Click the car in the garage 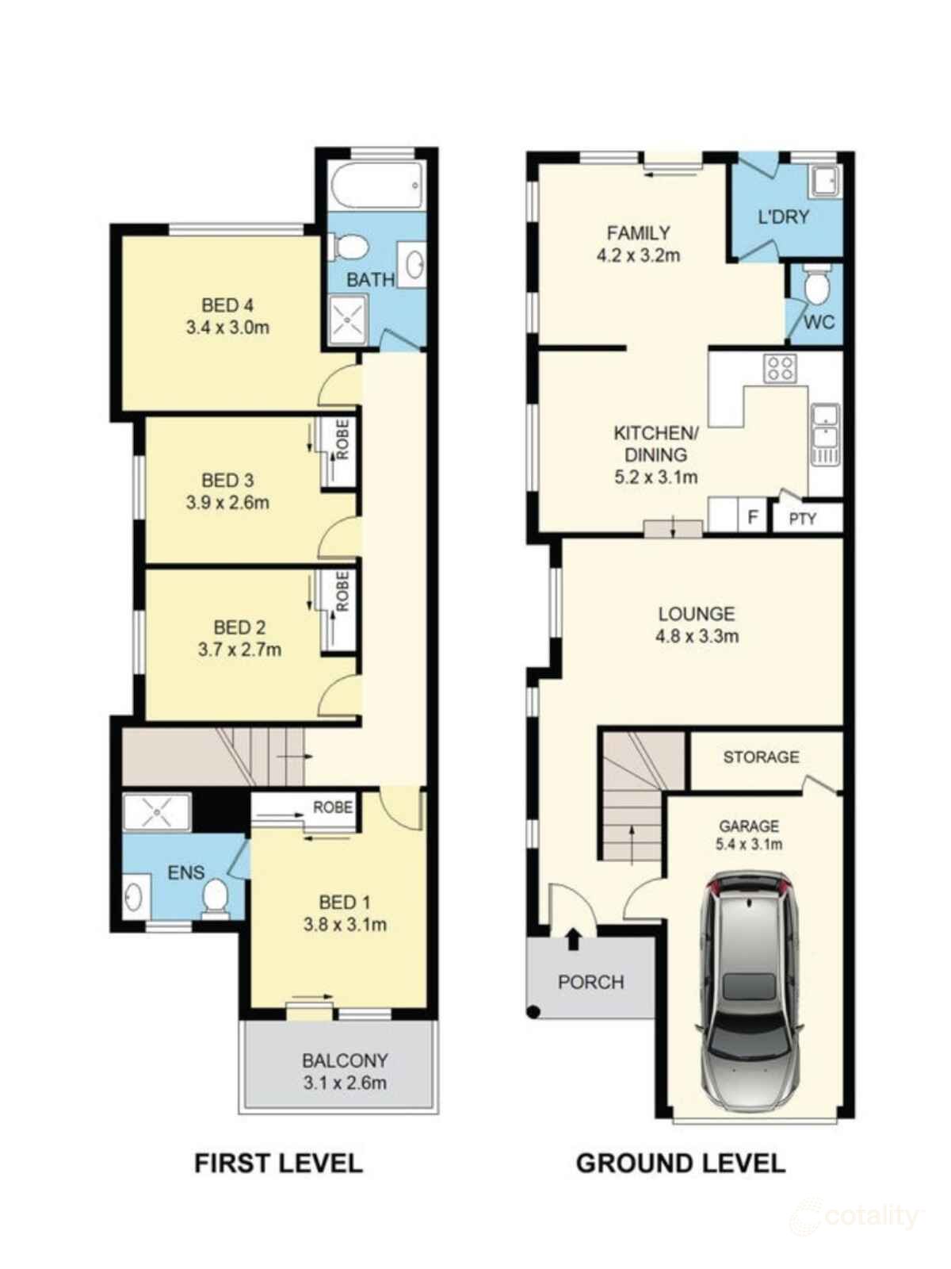749,991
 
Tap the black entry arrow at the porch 573,940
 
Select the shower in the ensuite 157,814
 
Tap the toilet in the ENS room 215,899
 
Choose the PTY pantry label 802,519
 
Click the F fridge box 753,518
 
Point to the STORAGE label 761,757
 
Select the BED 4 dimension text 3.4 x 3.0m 227,327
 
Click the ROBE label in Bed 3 342,440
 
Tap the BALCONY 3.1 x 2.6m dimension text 345,1083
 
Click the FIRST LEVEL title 278,1164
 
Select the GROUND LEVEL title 680,1164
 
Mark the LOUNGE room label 697,614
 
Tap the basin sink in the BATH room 414,264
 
